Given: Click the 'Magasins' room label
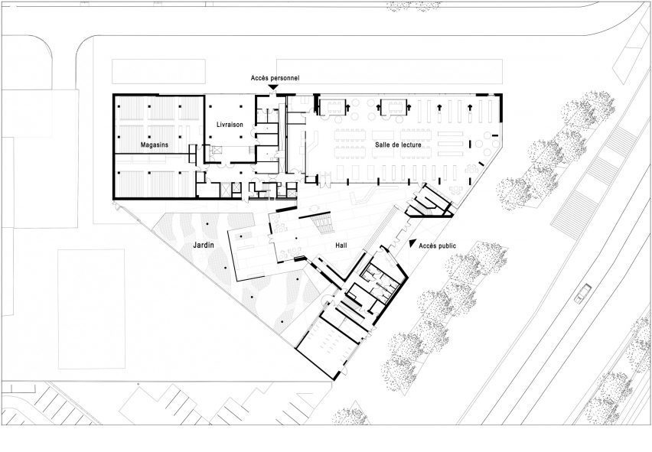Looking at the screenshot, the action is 155,145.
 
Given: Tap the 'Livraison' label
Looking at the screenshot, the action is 230,125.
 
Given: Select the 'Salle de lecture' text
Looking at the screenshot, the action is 398,145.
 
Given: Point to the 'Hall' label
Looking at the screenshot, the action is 341,246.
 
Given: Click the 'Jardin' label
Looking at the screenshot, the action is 204,245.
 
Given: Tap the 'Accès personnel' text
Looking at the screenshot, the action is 275,78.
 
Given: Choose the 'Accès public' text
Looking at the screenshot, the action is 437,246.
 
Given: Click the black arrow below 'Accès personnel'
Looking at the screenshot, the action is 272,87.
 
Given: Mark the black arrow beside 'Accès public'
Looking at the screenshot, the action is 412,243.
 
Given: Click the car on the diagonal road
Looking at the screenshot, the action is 582,293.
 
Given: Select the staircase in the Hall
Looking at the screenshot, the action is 323,223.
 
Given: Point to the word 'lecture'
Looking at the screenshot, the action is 410,145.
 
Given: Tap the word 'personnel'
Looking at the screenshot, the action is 285,78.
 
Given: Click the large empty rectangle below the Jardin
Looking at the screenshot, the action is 92,309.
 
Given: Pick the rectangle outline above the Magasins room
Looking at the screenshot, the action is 158,71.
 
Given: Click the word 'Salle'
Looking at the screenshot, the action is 382,145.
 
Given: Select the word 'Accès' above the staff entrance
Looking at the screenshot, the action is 259,78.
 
